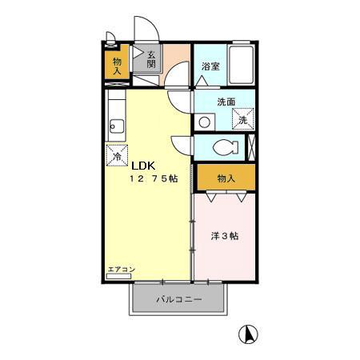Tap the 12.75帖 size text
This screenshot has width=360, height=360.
coord(154,179)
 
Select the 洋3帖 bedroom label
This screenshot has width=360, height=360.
coord(225,237)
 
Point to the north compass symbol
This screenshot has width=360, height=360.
coord(250,334)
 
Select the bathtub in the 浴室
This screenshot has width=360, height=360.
coord(242,64)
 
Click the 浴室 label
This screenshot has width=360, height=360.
coord(210,68)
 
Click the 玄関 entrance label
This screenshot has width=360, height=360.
coord(151,59)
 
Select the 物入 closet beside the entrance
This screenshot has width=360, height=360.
coord(118,65)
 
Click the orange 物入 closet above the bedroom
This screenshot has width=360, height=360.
coord(226,177)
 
